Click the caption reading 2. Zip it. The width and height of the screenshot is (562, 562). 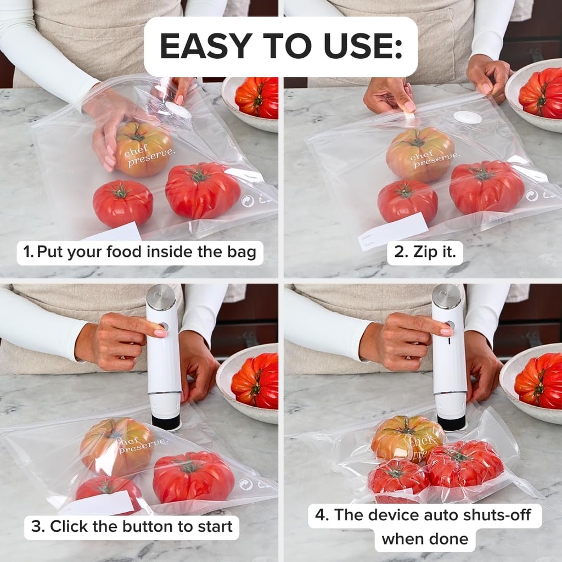425,252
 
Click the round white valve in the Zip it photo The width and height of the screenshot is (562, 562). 468,117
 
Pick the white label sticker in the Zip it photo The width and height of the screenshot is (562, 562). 393,231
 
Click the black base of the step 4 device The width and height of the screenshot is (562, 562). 451,423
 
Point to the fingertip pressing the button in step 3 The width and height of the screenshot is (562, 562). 160,333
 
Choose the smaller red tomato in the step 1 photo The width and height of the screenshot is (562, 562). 122,203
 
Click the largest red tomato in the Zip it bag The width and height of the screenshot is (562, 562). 486,187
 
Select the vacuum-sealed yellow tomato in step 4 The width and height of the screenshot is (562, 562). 406,437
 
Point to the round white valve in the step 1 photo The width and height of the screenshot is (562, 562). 178,111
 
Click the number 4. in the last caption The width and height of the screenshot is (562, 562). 322,515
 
